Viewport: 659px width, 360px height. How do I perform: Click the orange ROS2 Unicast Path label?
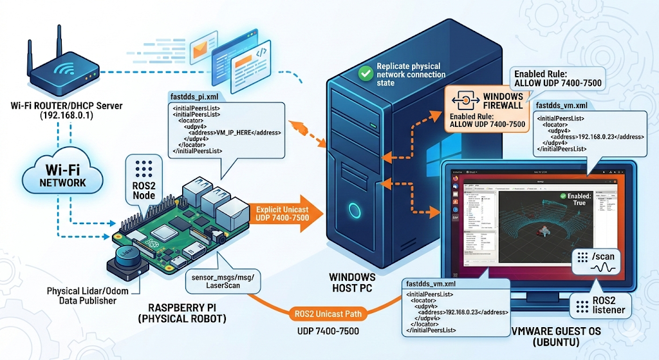330,314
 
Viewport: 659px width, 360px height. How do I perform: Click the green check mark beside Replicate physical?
366,74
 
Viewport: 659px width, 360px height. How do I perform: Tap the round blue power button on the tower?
353,211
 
